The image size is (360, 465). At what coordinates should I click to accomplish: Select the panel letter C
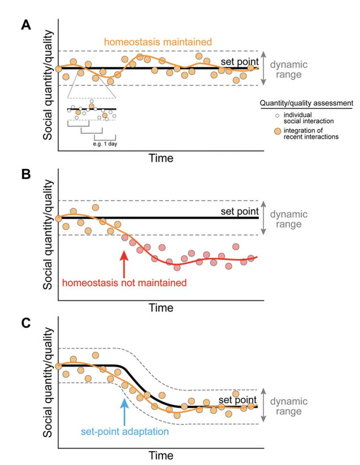click(x=26, y=323)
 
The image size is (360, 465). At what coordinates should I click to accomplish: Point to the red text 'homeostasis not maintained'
click(x=125, y=282)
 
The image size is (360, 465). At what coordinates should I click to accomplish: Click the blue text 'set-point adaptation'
click(x=125, y=431)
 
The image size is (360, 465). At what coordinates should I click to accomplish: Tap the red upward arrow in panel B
click(x=123, y=263)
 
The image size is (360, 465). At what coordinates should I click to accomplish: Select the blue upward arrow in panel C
click(x=124, y=412)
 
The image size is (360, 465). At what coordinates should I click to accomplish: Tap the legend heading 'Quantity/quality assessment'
click(x=306, y=103)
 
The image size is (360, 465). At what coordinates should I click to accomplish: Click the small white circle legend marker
click(x=276, y=115)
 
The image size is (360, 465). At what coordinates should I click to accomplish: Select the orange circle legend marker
click(x=276, y=131)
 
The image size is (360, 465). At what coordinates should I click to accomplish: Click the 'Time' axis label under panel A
click(x=162, y=158)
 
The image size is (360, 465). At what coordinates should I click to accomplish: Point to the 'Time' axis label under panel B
click(x=162, y=308)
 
